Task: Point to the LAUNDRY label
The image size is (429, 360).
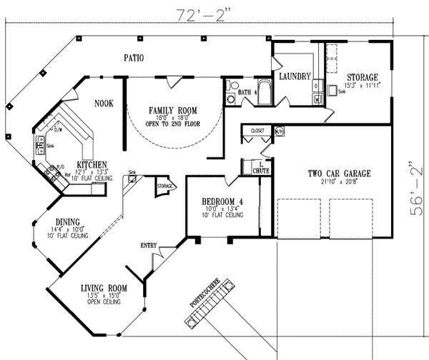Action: tap(294, 75)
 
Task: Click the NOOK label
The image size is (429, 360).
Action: tap(104, 104)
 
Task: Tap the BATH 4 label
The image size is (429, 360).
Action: tap(247, 92)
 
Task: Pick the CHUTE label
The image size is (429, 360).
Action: tap(260, 171)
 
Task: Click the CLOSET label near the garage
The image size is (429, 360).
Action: tap(258, 131)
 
